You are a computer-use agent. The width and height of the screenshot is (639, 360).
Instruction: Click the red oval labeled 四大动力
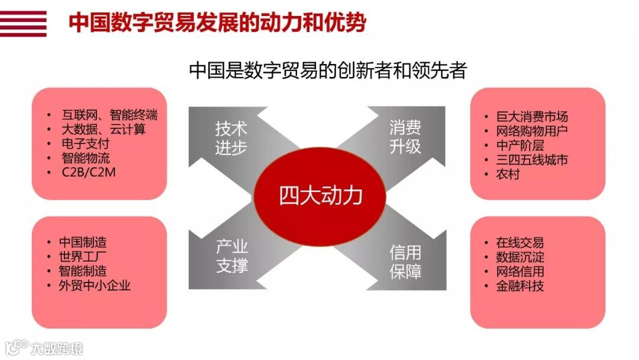coord(320,196)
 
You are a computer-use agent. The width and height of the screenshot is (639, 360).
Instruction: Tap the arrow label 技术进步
coord(231,138)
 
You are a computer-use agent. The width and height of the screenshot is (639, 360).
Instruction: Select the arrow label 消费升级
coord(405,137)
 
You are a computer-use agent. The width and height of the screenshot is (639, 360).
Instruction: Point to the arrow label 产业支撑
coord(231,256)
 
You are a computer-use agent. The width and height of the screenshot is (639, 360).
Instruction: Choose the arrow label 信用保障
coord(405,261)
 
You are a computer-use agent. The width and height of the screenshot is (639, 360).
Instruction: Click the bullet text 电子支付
coord(86,144)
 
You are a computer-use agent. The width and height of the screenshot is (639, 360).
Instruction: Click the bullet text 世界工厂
coord(83,257)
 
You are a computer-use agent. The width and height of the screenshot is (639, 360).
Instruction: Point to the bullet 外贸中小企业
coord(95,285)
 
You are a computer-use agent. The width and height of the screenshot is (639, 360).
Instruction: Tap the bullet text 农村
coord(508,174)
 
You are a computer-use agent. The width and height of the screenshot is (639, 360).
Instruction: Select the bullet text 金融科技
coord(520,286)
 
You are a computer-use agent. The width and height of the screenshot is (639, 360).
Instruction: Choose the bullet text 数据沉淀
coord(520,258)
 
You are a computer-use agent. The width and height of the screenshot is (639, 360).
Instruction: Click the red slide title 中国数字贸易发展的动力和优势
coord(217,23)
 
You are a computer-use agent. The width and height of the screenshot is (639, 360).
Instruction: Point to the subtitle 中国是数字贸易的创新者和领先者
coord(328,70)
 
